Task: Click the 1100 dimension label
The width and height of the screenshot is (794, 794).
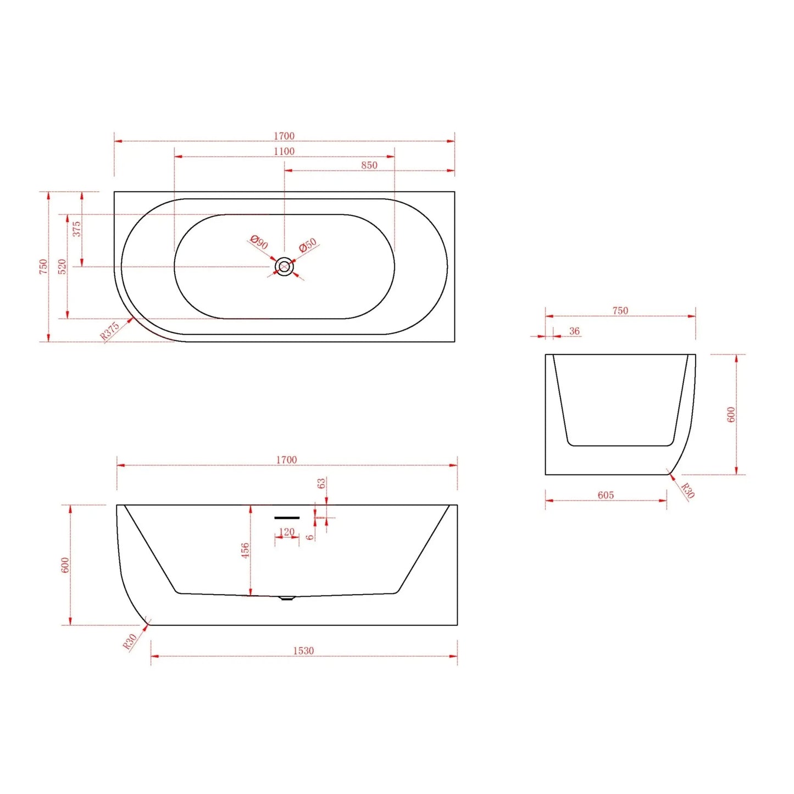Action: click(x=284, y=151)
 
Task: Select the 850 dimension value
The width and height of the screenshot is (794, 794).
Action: click(x=369, y=165)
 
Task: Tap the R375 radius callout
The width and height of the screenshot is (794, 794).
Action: click(x=110, y=331)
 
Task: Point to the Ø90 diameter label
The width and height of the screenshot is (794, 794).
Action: click(x=259, y=242)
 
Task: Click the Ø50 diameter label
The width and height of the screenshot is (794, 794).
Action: click(x=308, y=245)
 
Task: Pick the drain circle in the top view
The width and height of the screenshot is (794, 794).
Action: click(x=284, y=267)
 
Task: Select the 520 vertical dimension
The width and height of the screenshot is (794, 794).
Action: click(x=62, y=266)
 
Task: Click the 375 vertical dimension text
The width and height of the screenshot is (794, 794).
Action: click(x=77, y=229)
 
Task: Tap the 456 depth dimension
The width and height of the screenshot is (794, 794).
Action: click(x=245, y=550)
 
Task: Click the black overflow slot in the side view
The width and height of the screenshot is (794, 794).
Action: click(x=287, y=518)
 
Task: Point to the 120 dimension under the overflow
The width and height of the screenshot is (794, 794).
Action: click(x=287, y=532)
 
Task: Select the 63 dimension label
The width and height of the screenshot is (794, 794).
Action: click(x=321, y=484)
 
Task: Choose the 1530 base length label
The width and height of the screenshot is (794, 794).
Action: click(x=303, y=651)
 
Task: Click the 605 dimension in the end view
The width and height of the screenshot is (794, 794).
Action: click(x=606, y=495)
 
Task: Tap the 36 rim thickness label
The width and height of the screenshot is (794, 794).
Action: click(x=574, y=331)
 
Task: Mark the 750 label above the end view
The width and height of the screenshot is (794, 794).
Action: click(x=620, y=310)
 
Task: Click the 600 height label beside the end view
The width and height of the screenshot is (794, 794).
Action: click(x=731, y=414)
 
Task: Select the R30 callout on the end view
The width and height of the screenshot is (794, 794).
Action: click(x=687, y=490)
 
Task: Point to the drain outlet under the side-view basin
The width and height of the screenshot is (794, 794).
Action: click(x=286, y=598)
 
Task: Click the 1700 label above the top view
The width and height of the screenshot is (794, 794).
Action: click(x=284, y=136)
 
